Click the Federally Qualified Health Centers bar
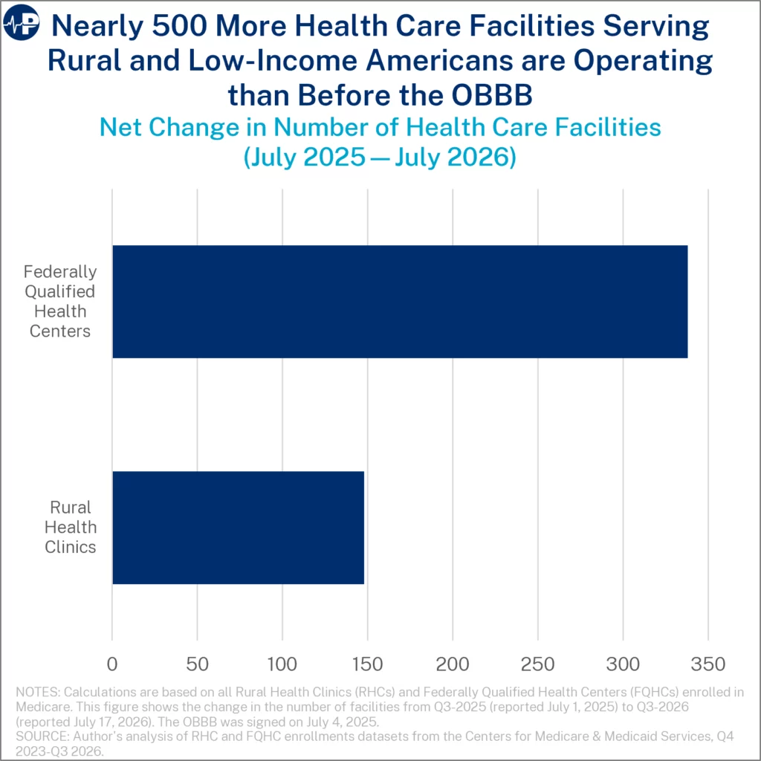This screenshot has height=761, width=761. (x=400, y=302)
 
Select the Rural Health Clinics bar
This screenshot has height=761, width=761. (x=239, y=528)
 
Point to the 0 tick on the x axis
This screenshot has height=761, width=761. (x=112, y=664)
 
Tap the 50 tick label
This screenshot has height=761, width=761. (x=197, y=664)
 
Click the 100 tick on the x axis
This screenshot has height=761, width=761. (x=282, y=664)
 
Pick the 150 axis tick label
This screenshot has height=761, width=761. (x=367, y=664)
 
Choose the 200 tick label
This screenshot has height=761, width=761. (x=453, y=664)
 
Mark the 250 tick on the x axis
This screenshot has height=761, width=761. (x=538, y=664)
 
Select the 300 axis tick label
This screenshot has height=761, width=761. (x=624, y=664)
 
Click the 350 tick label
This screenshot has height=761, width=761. (x=708, y=664)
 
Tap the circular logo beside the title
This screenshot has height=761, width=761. (x=22, y=22)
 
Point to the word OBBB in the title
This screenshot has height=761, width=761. (x=492, y=95)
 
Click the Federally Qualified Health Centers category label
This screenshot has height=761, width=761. (x=60, y=302)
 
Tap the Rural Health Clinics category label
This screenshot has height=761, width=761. (x=71, y=527)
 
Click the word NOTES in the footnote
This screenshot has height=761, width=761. (x=38, y=692)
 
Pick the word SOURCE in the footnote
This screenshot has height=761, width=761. (x=42, y=736)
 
